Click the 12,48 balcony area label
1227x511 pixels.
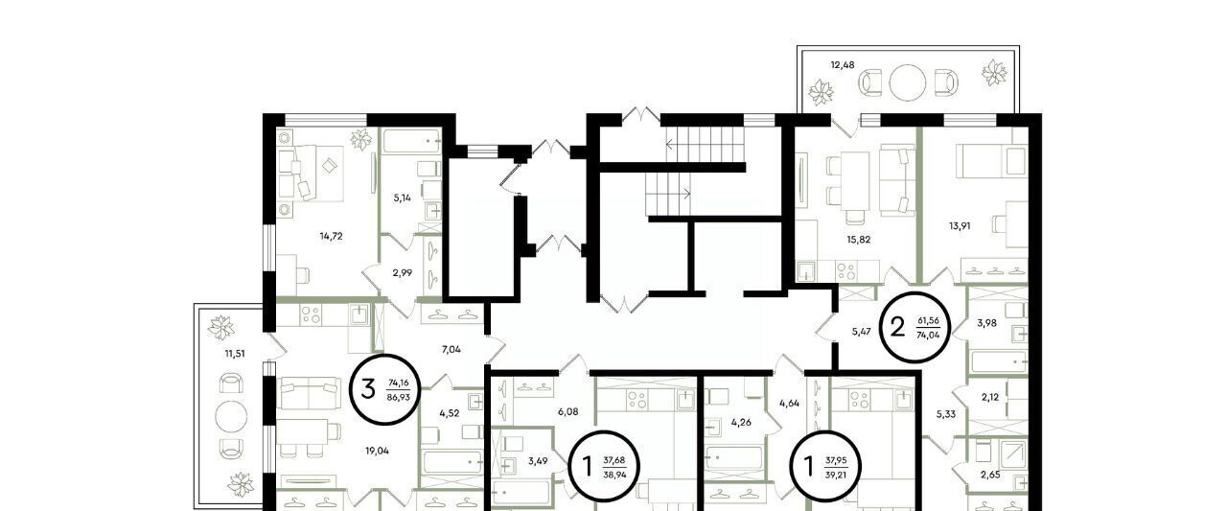tap(843, 65)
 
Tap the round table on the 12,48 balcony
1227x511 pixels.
tap(907, 82)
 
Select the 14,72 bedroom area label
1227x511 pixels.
tap(331, 236)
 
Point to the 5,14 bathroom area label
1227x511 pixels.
tap(402, 197)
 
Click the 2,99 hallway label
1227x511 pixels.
tap(402, 272)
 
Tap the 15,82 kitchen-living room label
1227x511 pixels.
tap(858, 240)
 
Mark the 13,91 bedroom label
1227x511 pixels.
tap(960, 225)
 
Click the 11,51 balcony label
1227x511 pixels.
tap(235, 354)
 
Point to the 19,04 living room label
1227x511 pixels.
tap(378, 451)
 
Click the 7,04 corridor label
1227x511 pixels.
tap(451, 349)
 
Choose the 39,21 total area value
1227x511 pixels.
tap(836, 475)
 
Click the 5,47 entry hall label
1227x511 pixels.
tap(861, 332)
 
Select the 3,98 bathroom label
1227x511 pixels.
tap(986, 324)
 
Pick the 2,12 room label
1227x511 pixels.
tap(990, 398)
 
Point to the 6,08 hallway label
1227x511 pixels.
tap(568, 411)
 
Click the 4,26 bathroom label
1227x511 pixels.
tap(741, 422)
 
